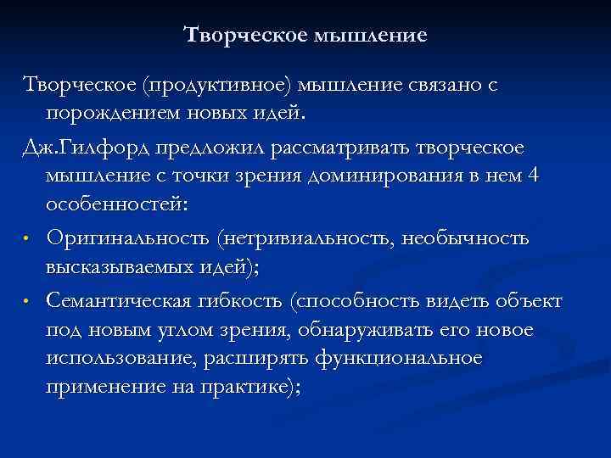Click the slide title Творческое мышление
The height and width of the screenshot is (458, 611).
(305, 36)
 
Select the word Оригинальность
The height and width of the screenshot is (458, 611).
(131, 240)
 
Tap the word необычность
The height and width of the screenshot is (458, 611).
(469, 240)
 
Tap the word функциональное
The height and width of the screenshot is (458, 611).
(399, 359)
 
